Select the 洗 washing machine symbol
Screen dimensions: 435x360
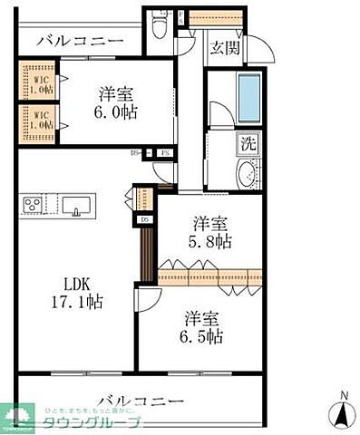pyautogui.click(x=248, y=142)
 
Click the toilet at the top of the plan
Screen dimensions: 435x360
pyautogui.click(x=160, y=24)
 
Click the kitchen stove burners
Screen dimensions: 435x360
pyautogui.click(x=34, y=204)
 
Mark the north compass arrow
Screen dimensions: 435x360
pyautogui.click(x=343, y=411)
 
